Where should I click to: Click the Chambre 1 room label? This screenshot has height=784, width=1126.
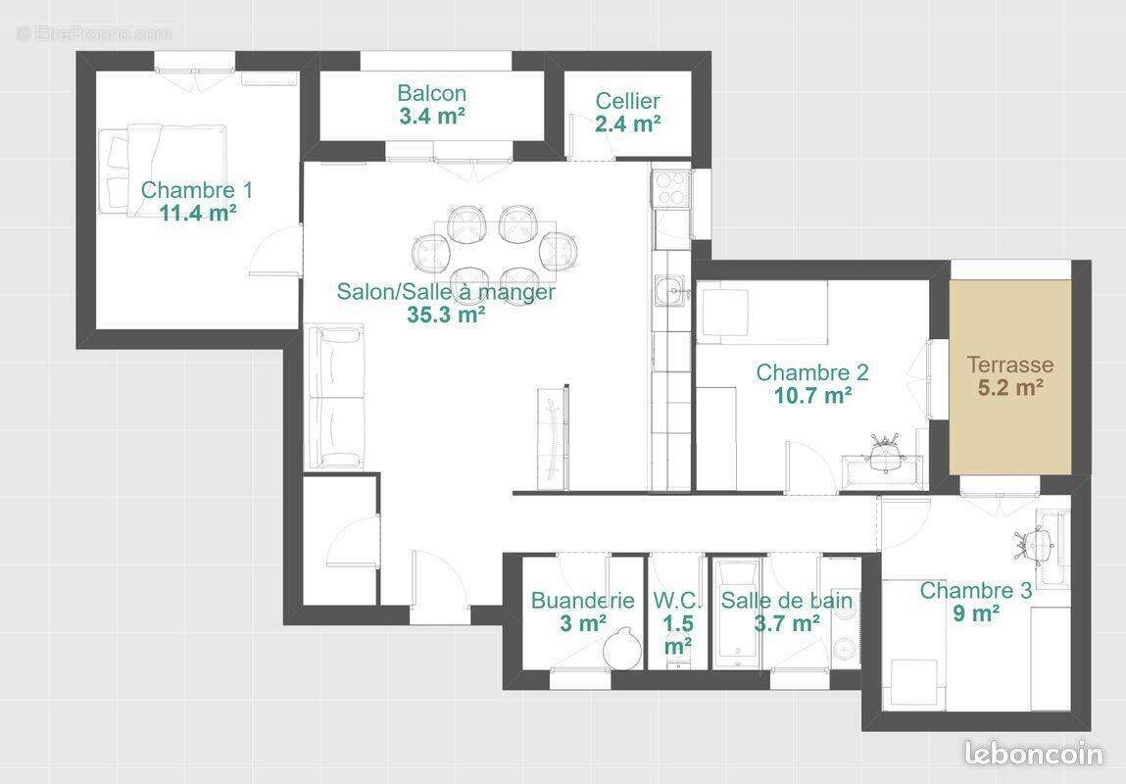point(196,189)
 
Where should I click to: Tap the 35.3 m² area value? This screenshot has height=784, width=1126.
point(446,315)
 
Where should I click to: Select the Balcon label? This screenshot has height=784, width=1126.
point(431,93)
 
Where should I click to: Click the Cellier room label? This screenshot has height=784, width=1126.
point(627,101)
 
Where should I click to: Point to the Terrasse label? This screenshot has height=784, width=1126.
point(1010,365)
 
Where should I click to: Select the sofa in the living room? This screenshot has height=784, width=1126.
point(336,397)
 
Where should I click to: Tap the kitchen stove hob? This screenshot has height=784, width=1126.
point(671,187)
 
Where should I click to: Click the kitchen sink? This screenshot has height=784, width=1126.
point(671,290)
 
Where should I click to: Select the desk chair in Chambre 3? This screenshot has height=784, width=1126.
point(1037,541)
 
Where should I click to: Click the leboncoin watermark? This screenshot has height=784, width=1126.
point(1034,754)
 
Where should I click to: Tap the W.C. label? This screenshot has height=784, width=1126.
point(677,600)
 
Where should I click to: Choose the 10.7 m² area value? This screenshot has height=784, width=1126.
point(811,396)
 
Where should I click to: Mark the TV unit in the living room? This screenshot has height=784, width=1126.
point(553,436)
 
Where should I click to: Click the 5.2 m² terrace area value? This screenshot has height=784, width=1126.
point(1010,387)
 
